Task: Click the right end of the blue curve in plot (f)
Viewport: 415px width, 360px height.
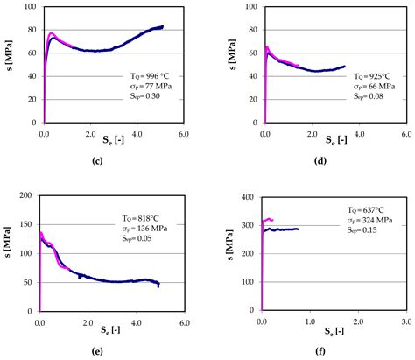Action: click(x=298, y=229)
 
